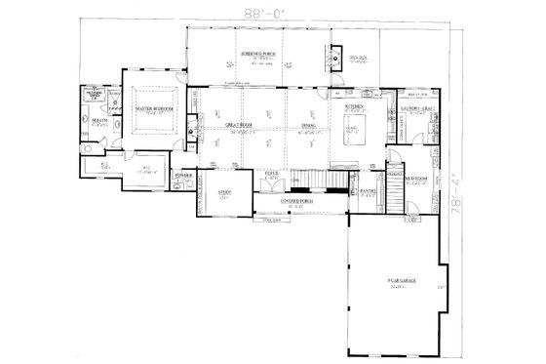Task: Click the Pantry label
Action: (x=369, y=191)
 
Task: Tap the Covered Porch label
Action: (x=295, y=202)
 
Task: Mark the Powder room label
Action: (x=180, y=178)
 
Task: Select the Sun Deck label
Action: (x=359, y=59)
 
